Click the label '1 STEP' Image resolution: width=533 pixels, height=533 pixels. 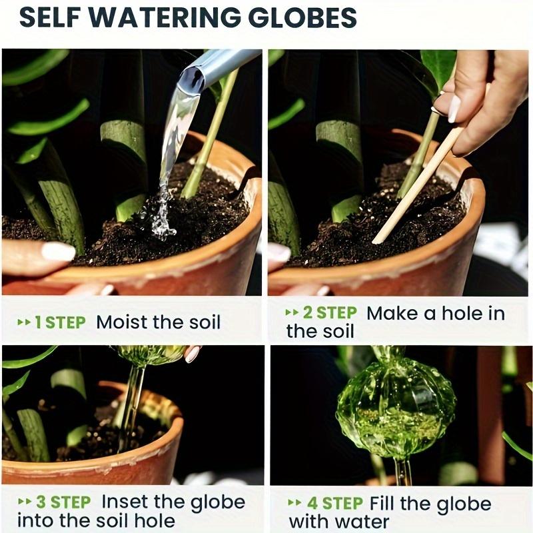point(60,322)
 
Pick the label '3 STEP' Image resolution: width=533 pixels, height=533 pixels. point(64,502)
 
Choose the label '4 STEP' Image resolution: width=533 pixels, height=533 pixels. point(333,503)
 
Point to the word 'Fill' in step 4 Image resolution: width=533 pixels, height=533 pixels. point(384,503)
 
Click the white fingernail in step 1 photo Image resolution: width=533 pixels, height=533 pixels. point(58,251)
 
